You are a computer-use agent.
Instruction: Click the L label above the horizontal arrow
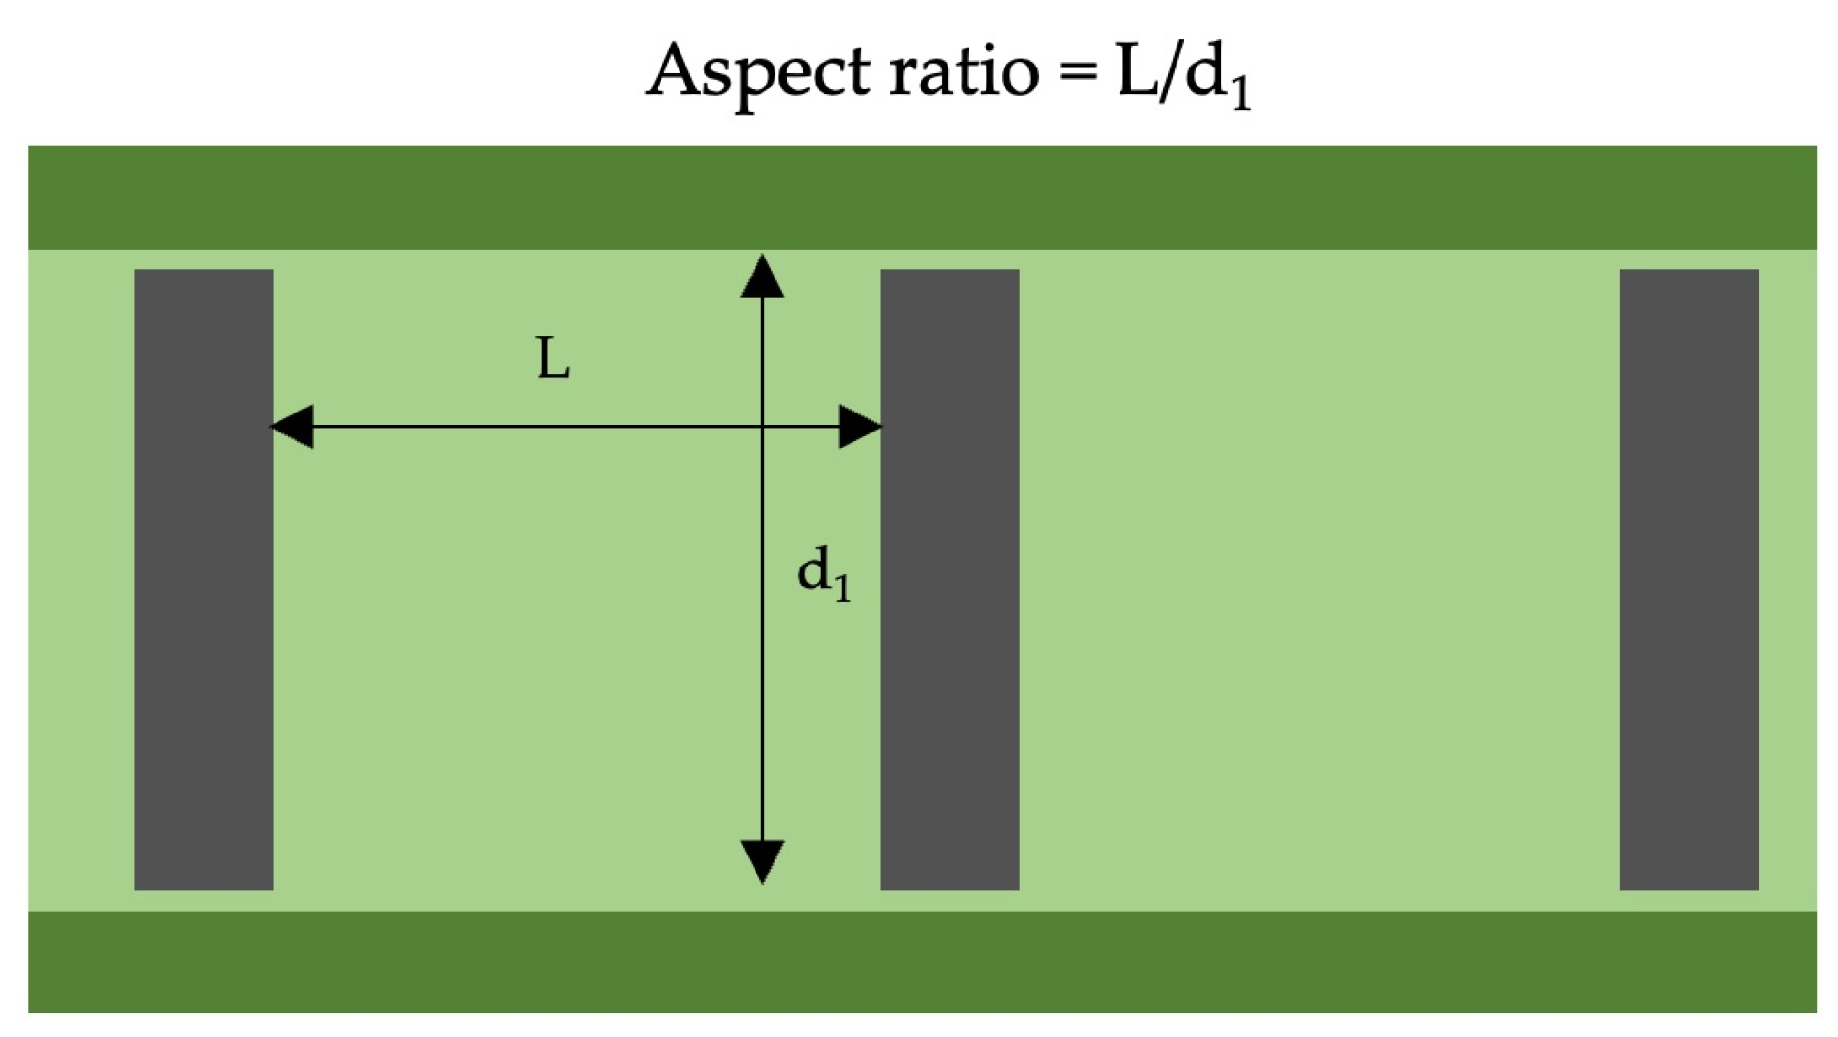(x=553, y=360)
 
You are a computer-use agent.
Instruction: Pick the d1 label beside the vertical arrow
(x=823, y=574)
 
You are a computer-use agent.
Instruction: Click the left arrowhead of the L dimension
(x=292, y=427)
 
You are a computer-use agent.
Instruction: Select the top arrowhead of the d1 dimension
(x=762, y=277)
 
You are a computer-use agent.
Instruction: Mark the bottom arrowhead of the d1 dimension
(x=762, y=861)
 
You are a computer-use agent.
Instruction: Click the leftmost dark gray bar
(x=203, y=579)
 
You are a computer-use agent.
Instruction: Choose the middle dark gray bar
(x=949, y=579)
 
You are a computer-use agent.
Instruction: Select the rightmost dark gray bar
(x=1689, y=579)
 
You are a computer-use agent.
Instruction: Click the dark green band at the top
(x=922, y=198)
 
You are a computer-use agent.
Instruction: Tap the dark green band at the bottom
(x=922, y=961)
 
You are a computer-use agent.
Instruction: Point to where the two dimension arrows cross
(x=762, y=427)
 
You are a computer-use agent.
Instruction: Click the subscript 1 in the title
(x=1240, y=94)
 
